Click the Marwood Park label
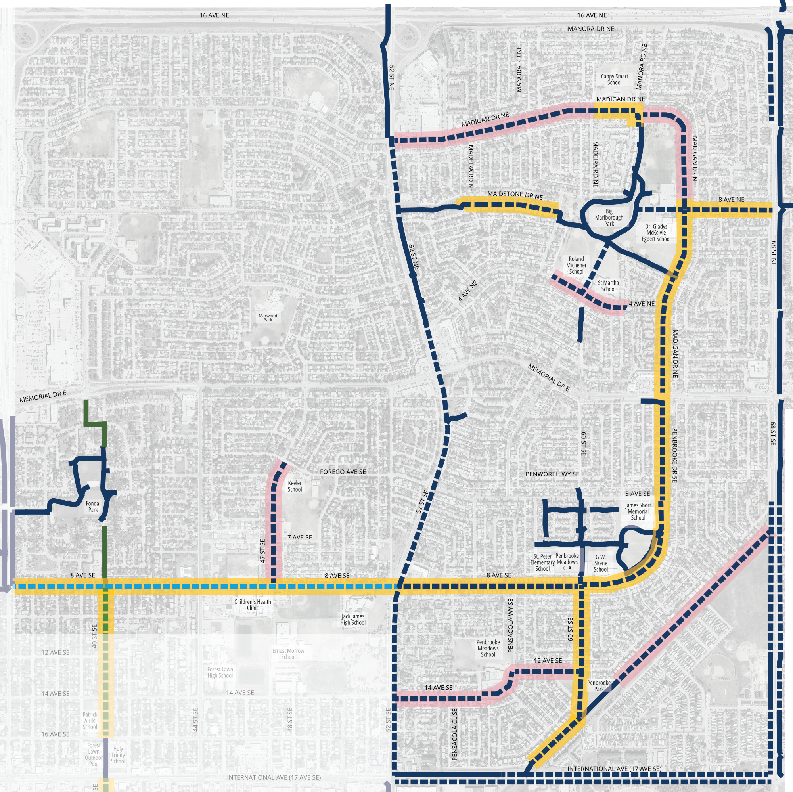[268, 318]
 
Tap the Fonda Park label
[93, 506]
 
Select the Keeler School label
[295, 486]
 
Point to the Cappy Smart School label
[614, 79]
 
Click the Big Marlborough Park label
[609, 218]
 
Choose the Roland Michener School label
[576, 265]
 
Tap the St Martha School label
[608, 286]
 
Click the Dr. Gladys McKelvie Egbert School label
[656, 233]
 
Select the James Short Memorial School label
[638, 511]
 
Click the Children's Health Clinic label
[253, 605]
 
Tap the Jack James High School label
[353, 619]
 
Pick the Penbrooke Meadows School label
[488, 649]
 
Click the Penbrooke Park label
[599, 686]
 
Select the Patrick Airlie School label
[90, 721]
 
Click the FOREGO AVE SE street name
[343, 472]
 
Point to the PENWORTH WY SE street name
[552, 474]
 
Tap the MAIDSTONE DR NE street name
[515, 195]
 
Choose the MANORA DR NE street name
[591, 29]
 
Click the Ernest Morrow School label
[288, 654]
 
